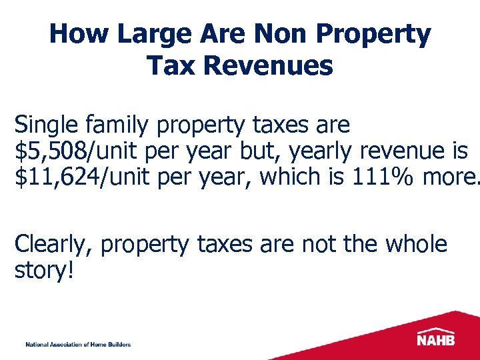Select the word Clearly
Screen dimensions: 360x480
[57, 245]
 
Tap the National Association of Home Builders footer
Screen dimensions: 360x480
[78, 344]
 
